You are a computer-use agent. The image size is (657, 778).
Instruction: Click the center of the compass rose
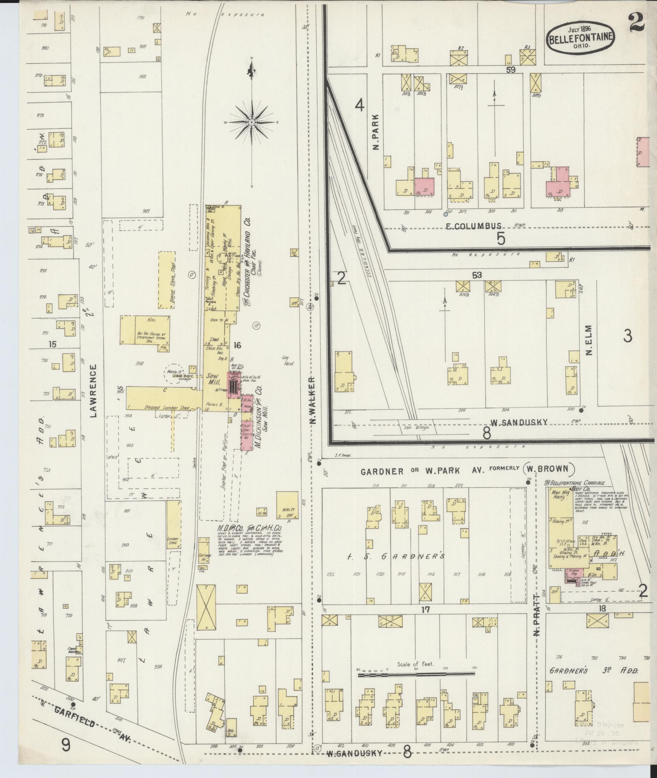(251, 122)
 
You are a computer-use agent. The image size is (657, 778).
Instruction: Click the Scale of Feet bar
(416, 674)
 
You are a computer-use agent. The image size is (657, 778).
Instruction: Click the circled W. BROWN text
(550, 469)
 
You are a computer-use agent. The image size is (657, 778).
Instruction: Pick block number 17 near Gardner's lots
(425, 609)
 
